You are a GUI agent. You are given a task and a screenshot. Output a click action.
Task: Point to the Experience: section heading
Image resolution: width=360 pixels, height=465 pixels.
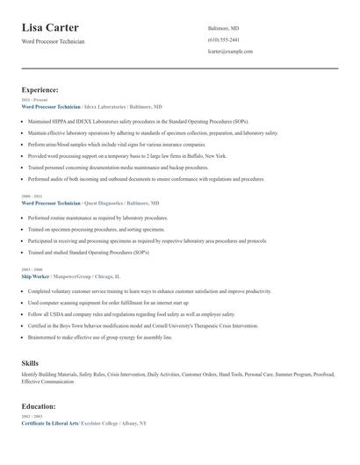click(40, 89)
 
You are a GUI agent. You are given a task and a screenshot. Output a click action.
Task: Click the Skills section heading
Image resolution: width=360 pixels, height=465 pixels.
click(30, 362)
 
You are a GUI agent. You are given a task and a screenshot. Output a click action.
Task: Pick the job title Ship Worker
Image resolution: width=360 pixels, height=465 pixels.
click(40, 275)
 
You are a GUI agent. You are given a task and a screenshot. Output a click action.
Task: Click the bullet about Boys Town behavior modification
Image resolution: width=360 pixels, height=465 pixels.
click(143, 325)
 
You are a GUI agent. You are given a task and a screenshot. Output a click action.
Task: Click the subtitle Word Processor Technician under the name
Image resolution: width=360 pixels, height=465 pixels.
click(54, 42)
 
